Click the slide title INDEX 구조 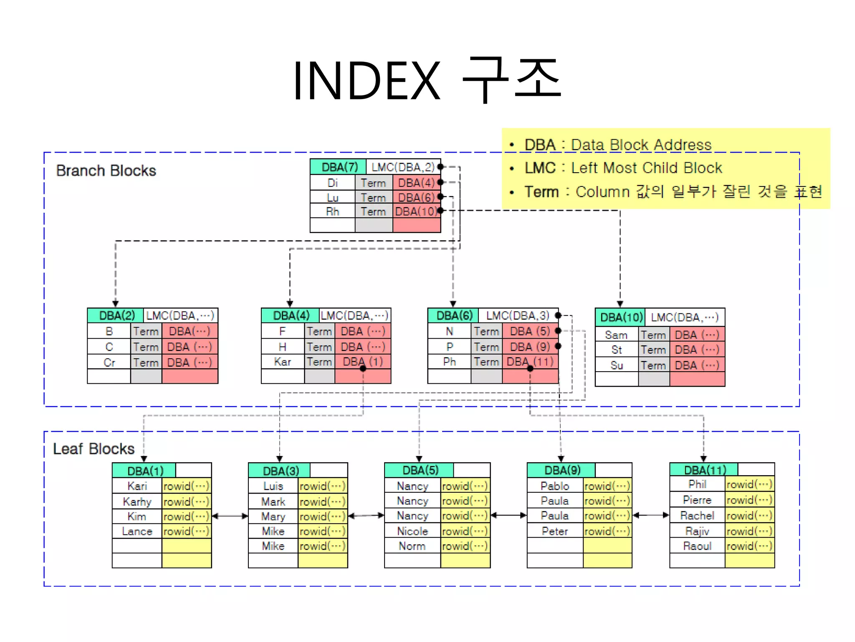click(427, 80)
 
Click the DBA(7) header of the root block click(339, 167)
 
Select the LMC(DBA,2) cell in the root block click(403, 167)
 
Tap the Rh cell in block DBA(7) click(332, 211)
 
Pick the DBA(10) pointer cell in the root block click(416, 211)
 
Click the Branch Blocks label click(106, 171)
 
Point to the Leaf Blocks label click(94, 449)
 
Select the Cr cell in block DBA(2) click(109, 362)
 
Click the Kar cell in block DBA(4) click(283, 362)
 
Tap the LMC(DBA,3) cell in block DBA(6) click(518, 316)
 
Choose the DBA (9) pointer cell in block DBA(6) click(530, 346)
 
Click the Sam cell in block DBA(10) click(616, 335)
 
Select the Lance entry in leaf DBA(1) click(137, 531)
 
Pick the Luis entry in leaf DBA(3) click(273, 486)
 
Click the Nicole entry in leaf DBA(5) click(412, 531)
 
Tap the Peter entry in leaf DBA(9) click(555, 531)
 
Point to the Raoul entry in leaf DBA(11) click(697, 546)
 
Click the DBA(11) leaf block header click(704, 470)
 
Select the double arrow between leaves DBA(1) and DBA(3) click(230, 516)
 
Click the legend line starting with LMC click(623, 168)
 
